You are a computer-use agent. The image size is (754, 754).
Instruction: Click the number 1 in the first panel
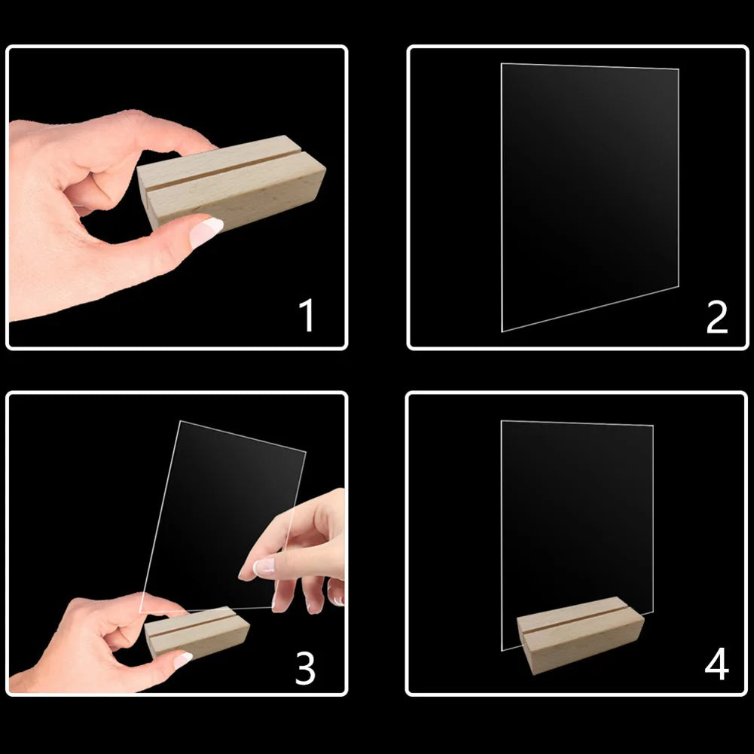pos(307,315)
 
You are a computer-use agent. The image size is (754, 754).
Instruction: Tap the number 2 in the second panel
pos(716,316)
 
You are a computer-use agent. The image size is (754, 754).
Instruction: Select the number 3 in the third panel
pos(305,668)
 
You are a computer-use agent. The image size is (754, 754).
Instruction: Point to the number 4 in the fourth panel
pos(717,664)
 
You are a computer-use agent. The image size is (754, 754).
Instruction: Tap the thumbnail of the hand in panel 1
pos(206,232)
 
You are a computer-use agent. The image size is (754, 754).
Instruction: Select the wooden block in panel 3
pos(197,632)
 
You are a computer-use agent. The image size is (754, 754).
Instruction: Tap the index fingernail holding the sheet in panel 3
pos(264,566)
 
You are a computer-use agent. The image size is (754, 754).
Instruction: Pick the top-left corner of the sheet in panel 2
pos(502,63)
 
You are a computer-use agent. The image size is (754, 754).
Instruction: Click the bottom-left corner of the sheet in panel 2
pos(502,331)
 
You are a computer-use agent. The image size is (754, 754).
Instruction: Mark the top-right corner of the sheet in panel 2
pos(679,69)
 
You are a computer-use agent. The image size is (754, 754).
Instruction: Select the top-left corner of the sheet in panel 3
pos(180,421)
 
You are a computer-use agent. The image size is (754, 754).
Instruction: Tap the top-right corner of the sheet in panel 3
pos(306,451)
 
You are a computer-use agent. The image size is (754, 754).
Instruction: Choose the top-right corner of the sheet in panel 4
pos(653,426)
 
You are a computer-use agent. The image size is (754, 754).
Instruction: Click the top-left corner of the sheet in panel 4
pos(501,421)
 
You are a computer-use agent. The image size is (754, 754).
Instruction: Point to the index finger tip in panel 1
pos(212,145)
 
